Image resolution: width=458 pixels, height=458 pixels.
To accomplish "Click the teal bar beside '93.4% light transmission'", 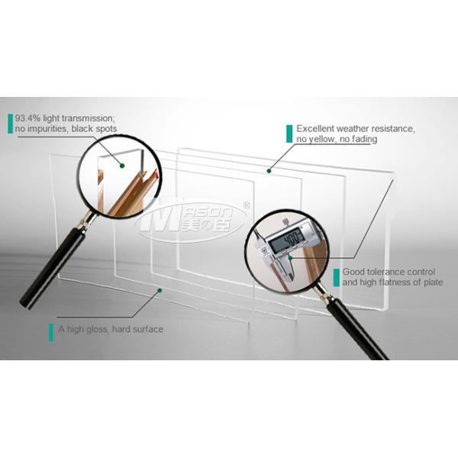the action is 11,124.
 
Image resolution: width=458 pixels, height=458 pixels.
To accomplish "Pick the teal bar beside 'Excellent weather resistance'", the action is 289,134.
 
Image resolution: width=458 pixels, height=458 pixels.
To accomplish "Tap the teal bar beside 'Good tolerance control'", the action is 336,278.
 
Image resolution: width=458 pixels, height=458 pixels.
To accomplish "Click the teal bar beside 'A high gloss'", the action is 51,332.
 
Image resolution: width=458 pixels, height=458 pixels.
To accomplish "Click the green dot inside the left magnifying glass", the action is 122,166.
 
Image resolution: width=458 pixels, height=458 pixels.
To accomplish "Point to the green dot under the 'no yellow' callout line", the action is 269,171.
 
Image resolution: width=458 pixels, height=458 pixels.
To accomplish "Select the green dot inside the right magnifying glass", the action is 290,258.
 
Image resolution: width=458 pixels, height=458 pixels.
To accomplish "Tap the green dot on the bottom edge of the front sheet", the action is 160,290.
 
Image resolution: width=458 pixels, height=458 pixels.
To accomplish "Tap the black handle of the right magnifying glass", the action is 357,330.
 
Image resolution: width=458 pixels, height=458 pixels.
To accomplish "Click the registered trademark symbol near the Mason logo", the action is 247,205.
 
